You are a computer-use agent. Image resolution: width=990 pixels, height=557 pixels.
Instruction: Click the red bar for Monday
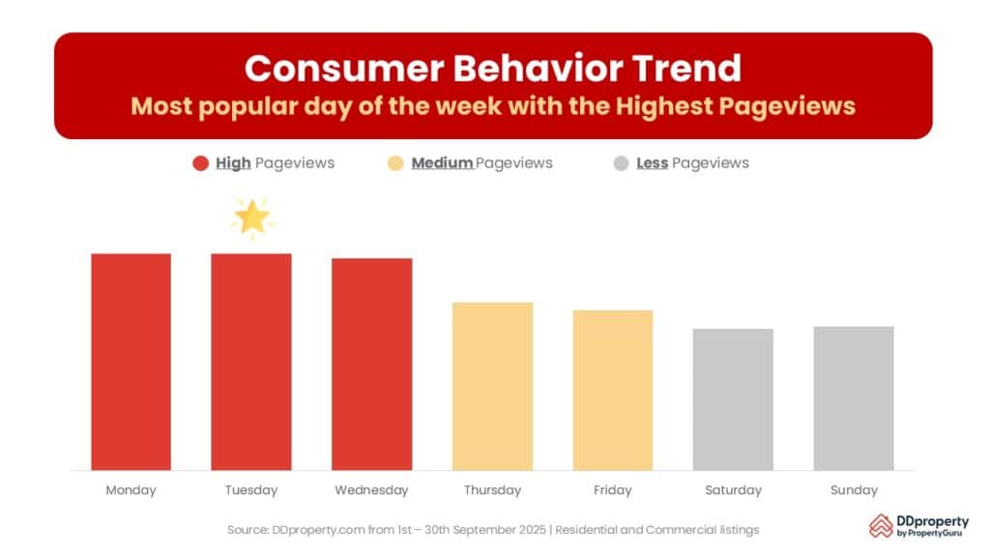coord(131,362)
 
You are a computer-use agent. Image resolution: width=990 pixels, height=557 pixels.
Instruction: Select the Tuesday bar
coord(251,362)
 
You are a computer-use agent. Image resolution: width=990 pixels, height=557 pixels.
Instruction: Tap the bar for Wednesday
coord(372,365)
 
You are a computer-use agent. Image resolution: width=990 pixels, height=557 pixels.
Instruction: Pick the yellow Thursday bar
coord(492,387)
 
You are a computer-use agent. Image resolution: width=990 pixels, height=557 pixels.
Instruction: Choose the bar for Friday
coord(612,391)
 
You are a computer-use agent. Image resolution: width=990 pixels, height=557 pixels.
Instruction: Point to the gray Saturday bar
coord(733,399)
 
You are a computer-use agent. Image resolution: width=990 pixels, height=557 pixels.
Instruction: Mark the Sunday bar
coord(854,398)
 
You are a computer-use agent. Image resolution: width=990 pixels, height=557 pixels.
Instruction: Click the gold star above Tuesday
coord(252,218)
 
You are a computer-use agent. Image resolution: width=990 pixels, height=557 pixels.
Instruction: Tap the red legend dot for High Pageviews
coord(200,163)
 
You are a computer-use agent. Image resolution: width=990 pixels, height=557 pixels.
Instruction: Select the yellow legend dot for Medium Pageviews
coord(395,163)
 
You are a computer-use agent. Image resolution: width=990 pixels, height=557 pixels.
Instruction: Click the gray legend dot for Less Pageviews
coord(621,163)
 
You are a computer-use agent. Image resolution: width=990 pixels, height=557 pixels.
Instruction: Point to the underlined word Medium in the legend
coord(442,162)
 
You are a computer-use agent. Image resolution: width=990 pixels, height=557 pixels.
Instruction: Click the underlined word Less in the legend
coord(653,162)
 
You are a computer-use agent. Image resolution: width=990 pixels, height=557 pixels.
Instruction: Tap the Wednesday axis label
coord(371,490)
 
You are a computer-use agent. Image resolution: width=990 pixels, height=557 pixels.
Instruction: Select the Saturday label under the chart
coord(733,490)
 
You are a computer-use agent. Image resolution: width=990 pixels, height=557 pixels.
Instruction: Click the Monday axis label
coord(131,490)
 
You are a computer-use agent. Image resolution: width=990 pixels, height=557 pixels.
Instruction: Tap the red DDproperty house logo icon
coord(881,525)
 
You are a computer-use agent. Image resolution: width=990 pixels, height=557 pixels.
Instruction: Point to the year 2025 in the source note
coord(531,530)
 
